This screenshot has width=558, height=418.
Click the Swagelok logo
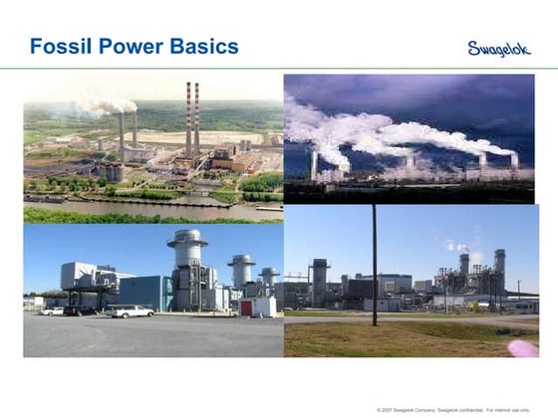(499, 48)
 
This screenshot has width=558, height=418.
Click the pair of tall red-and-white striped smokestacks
(191, 119)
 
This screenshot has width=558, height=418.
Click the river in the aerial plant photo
(149, 208)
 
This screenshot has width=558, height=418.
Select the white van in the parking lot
(131, 311)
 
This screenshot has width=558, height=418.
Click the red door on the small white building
(245, 308)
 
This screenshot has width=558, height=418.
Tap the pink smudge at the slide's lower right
(523, 348)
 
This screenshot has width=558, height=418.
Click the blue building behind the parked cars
(144, 292)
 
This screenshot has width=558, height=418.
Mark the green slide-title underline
(279, 69)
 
